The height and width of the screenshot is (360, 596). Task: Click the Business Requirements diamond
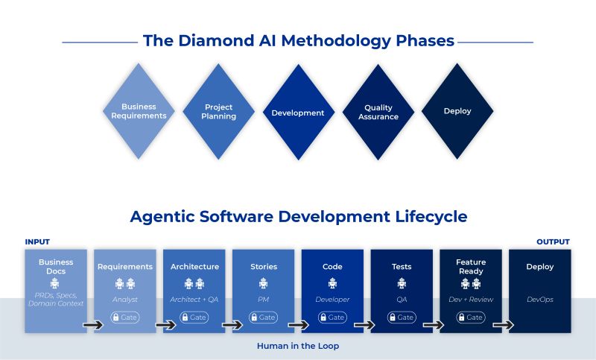pos(139,111)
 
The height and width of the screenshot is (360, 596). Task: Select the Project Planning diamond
pos(218,111)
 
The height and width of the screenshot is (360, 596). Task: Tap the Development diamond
pos(299,112)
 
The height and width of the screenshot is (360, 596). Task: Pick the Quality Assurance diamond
pos(378,112)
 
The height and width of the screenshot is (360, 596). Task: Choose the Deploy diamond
pos(457,111)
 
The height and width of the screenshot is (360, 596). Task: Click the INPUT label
pos(37,241)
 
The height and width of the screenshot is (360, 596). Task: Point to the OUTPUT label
pos(553,241)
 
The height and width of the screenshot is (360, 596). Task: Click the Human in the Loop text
pos(298,346)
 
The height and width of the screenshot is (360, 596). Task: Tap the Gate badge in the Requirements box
pos(125,317)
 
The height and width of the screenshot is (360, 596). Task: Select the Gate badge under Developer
pos(332,317)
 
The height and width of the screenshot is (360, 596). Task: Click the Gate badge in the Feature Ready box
pos(471,317)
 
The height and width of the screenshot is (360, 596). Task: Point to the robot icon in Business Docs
pos(55,283)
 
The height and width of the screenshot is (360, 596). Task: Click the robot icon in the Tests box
pos(402,283)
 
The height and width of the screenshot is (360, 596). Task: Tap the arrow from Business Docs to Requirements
pos(93,325)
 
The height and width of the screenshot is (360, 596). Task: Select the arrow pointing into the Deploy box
pos(504,325)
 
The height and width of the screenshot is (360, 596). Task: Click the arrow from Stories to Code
pos(299,325)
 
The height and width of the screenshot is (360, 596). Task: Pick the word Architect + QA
pos(194,300)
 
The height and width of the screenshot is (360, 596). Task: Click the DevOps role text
pos(540,300)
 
